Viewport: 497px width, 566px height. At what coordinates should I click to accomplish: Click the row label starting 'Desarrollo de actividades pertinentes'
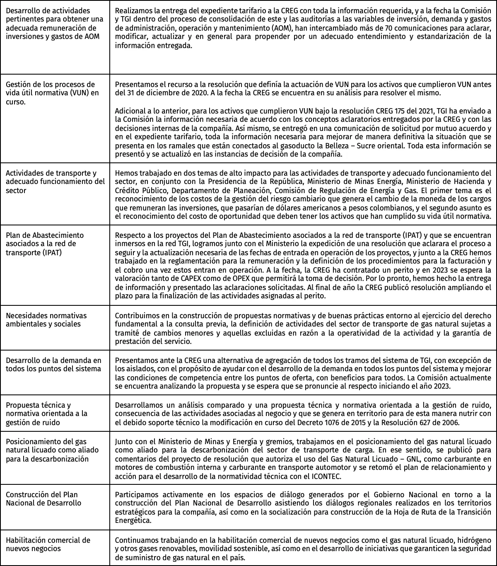54,24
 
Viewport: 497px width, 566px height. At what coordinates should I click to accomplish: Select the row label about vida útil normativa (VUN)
52,93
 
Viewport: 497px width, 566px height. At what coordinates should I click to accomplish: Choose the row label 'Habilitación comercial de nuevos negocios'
48,544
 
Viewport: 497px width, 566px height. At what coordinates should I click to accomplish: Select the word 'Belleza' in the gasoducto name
352,146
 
